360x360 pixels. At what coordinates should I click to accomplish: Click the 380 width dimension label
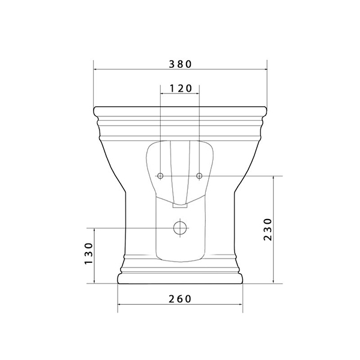tap(180, 64)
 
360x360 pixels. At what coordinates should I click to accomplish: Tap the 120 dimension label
tap(181, 88)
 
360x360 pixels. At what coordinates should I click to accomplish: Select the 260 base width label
tap(180, 299)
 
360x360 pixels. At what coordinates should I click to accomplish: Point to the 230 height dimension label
tap(268, 229)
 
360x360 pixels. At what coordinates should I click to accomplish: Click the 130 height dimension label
tap(89, 253)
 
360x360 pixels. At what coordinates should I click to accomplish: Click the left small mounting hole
tap(160, 176)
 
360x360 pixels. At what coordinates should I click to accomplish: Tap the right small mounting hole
tap(199, 176)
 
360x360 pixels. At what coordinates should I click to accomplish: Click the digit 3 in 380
tap(172, 64)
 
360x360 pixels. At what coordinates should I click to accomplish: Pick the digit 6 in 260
tap(180, 299)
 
